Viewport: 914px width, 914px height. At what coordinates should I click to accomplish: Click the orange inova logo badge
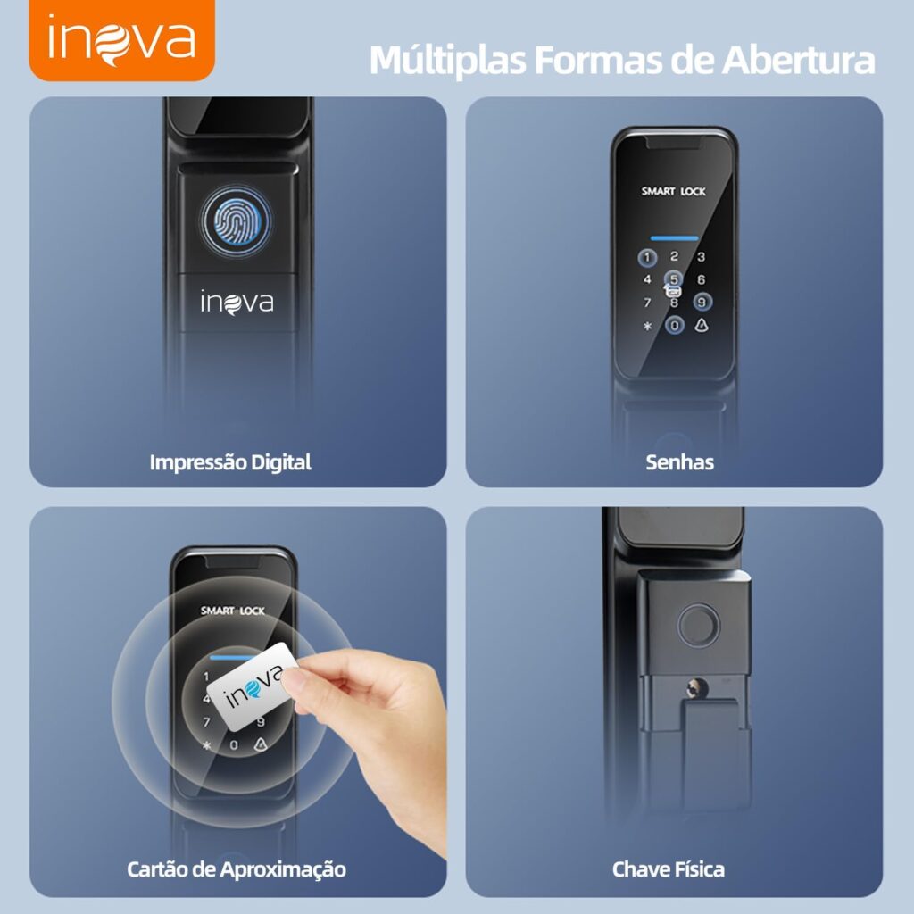121,39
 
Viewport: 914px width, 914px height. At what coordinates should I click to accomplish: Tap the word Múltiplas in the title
448,61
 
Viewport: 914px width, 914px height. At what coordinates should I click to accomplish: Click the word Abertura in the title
798,60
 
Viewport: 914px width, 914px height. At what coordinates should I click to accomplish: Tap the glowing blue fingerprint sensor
236,221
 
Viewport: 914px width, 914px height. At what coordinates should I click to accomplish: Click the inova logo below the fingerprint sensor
237,303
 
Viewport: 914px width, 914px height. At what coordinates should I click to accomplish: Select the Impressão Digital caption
230,462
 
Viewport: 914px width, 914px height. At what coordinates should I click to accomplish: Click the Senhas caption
679,462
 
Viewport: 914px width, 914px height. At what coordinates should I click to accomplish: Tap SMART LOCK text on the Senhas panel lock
673,191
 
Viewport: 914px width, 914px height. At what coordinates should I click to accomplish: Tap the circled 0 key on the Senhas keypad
675,325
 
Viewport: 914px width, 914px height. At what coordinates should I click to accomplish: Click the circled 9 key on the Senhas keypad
702,302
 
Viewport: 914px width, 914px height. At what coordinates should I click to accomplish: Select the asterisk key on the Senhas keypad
647,327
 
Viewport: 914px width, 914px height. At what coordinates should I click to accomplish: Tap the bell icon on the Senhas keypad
702,325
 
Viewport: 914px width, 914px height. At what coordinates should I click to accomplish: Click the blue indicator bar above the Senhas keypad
674,238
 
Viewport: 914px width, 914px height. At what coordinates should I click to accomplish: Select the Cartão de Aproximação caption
236,869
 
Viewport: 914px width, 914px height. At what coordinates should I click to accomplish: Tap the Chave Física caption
668,869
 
